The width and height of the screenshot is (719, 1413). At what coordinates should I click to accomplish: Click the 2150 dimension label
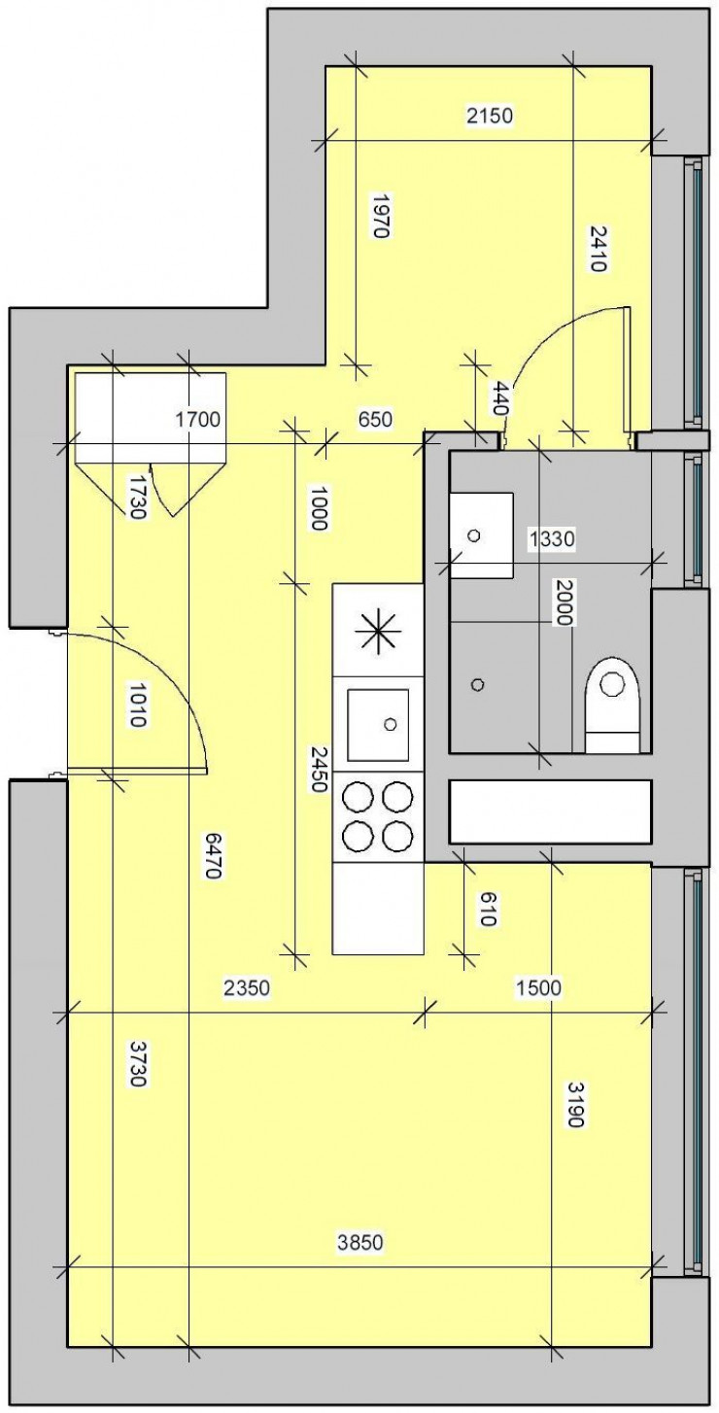(489, 117)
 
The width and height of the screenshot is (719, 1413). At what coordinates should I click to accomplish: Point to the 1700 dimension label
(198, 420)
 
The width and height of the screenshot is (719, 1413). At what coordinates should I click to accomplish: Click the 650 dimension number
(374, 420)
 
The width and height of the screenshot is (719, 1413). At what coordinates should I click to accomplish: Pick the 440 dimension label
(500, 399)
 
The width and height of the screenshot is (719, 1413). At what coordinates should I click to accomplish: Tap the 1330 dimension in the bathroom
(552, 537)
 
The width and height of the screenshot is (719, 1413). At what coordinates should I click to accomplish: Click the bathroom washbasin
(480, 534)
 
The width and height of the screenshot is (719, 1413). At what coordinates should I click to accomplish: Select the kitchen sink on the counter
(379, 724)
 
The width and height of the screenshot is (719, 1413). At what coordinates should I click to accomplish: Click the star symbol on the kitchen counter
(379, 632)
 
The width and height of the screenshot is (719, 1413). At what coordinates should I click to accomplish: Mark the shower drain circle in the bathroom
(477, 684)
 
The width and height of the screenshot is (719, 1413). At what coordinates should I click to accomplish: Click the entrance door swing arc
(180, 680)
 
